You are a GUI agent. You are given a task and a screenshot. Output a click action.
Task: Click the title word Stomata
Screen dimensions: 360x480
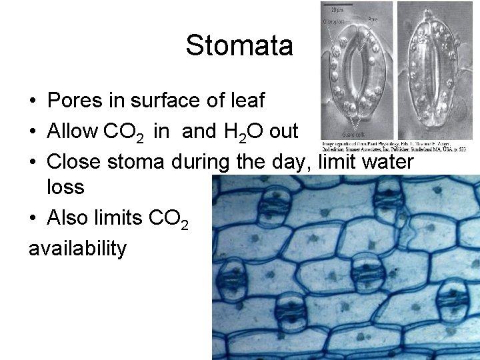pos(239,46)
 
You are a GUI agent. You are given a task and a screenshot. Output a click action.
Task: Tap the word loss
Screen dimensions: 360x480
pos(65,187)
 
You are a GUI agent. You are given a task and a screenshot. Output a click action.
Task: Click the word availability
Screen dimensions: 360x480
pos(77,249)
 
